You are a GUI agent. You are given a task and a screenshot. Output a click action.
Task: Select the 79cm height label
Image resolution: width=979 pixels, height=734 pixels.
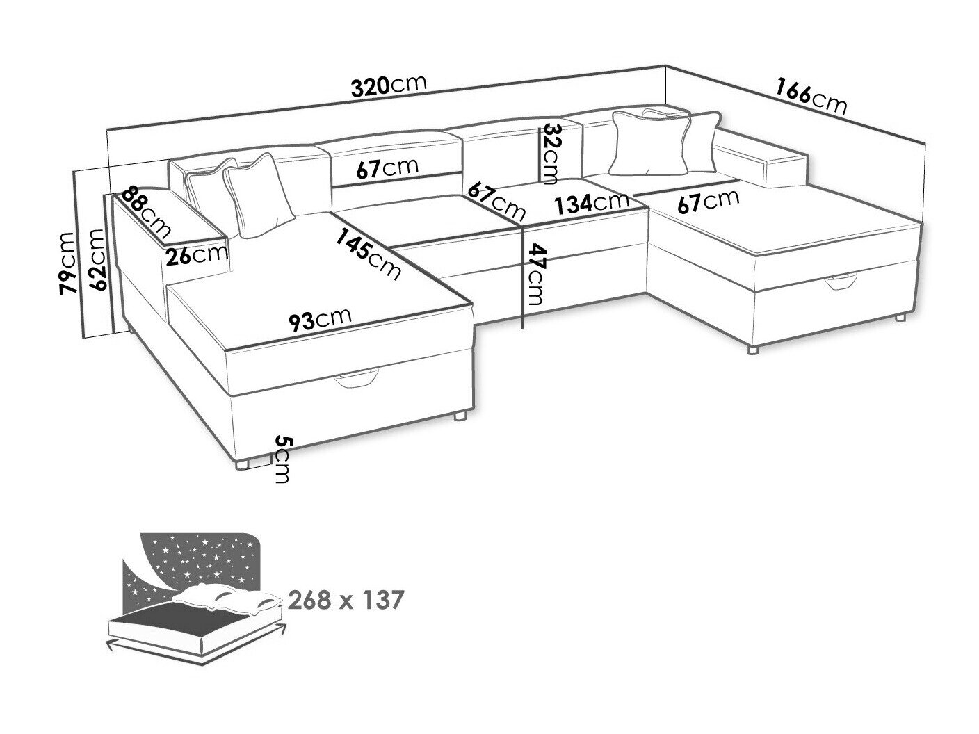(x=68, y=263)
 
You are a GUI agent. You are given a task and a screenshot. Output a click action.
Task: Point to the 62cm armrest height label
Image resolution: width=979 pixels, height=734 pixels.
(x=98, y=260)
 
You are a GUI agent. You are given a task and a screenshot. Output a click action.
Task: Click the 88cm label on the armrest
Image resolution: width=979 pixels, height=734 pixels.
(x=146, y=212)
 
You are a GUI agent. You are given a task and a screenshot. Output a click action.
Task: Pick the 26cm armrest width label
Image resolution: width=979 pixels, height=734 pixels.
(x=196, y=255)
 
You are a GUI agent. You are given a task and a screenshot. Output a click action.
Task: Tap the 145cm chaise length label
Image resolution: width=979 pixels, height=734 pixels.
(x=369, y=254)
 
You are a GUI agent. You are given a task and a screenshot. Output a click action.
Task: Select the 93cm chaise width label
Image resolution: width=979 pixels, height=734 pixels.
(x=320, y=320)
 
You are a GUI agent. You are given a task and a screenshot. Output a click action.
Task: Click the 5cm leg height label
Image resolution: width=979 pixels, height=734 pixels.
(x=282, y=459)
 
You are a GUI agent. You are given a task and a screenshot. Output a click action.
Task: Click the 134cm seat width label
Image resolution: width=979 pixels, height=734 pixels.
(x=592, y=203)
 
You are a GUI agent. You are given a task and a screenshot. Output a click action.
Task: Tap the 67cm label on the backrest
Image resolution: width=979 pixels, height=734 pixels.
(x=387, y=168)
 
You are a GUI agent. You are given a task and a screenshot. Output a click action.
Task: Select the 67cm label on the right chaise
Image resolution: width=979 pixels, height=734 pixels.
(x=709, y=202)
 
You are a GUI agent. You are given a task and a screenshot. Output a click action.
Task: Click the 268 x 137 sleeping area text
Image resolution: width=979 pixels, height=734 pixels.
(x=346, y=600)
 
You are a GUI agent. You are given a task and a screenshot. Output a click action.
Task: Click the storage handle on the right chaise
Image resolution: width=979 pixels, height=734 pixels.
(x=841, y=282)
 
